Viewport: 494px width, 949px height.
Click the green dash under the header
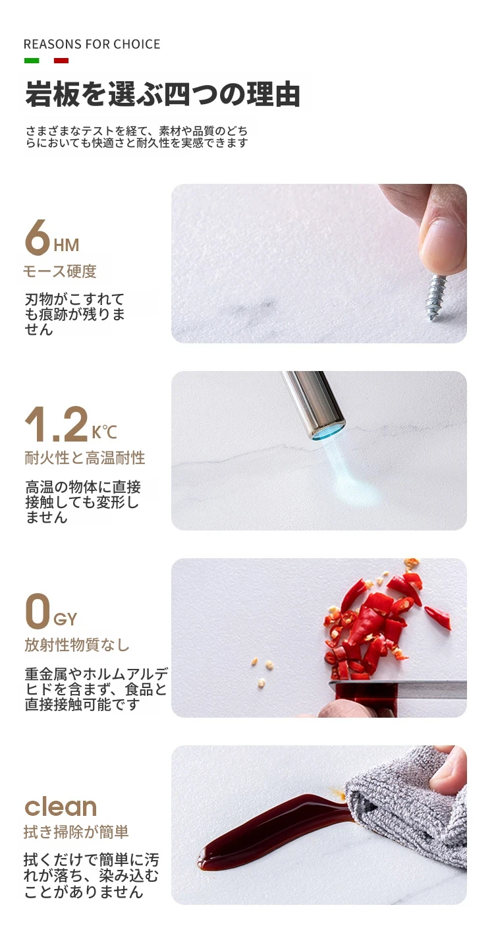coord(32,61)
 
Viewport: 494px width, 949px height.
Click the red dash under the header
coord(61,61)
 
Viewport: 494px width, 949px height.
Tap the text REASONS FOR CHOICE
coord(92,45)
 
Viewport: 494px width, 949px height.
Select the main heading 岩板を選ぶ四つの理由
coord(163,94)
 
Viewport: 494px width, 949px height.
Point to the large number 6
coord(38,238)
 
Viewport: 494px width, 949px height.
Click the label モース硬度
coord(60,271)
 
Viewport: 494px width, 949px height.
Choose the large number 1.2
coord(57,424)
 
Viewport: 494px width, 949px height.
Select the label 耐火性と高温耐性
coord(85,458)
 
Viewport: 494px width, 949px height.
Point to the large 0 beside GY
coord(38,611)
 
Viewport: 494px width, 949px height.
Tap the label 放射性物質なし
coord(77,645)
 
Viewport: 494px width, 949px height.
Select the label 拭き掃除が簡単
coord(76,832)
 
